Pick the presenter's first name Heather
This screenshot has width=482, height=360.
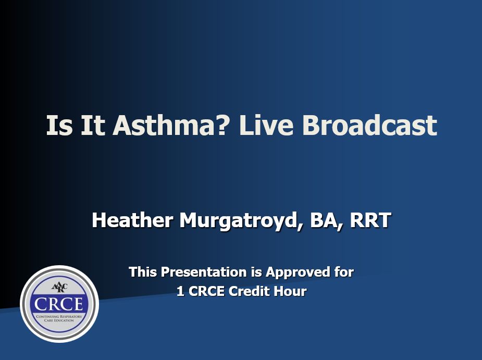[132, 220]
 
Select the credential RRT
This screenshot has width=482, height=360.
[370, 220]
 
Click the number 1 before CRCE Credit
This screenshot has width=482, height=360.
[180, 291]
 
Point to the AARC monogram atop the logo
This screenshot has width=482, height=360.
[59, 288]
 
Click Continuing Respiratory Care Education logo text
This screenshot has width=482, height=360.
[59, 318]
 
